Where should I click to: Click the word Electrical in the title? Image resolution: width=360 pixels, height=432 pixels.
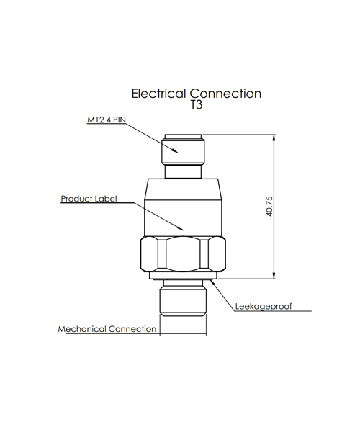pos(158,94)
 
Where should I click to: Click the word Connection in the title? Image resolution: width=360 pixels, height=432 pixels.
pos(225,94)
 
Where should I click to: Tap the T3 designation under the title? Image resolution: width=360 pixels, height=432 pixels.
pos(197,104)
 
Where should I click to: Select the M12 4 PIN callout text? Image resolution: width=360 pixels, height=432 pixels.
pos(107,120)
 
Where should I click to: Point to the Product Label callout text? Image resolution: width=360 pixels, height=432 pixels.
pos(89,199)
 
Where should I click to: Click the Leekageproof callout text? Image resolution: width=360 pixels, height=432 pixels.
pos(264,307)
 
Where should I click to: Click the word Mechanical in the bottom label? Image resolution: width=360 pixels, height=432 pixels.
pos(82,329)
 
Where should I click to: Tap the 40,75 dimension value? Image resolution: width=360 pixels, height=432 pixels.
pos(270,207)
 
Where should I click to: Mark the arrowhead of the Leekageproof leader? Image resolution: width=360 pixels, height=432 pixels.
pos(213,282)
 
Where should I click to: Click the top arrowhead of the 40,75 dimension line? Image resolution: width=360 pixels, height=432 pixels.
pos(274,138)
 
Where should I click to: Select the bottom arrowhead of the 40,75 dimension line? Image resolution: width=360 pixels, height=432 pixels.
pos(274,275)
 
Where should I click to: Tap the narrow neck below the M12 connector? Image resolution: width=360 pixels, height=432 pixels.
pos(183,171)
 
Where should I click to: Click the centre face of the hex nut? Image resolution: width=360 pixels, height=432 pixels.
pos(183,253)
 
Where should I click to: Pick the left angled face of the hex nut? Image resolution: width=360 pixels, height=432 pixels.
pos(149,253)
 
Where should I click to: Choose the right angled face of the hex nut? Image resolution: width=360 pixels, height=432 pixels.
pos(217,253)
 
